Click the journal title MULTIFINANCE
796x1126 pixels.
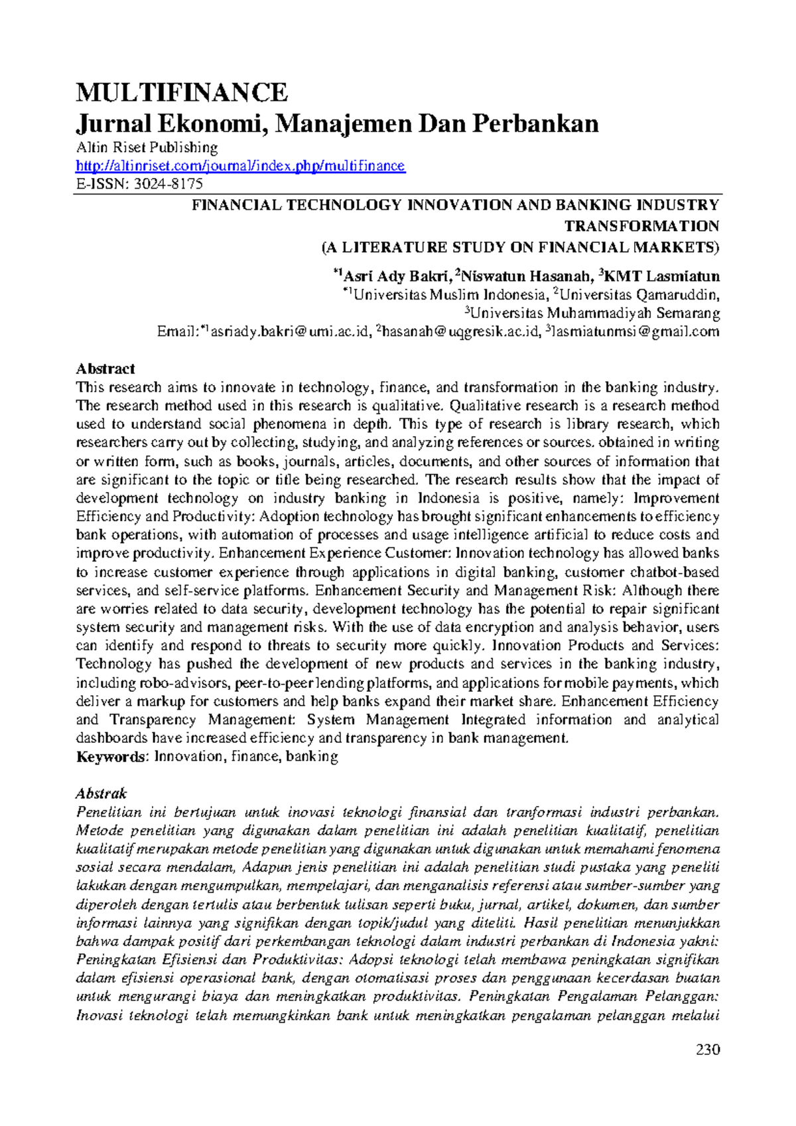click(x=182, y=92)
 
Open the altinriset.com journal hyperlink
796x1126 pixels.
click(x=240, y=166)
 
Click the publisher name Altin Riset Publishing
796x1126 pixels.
click(x=147, y=147)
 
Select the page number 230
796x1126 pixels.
click(x=708, y=1050)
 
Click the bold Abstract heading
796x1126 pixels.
click(x=105, y=369)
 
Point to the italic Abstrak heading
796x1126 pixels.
click(x=101, y=793)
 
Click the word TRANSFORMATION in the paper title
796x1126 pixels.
click(x=641, y=226)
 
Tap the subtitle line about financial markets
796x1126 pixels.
click(x=520, y=248)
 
